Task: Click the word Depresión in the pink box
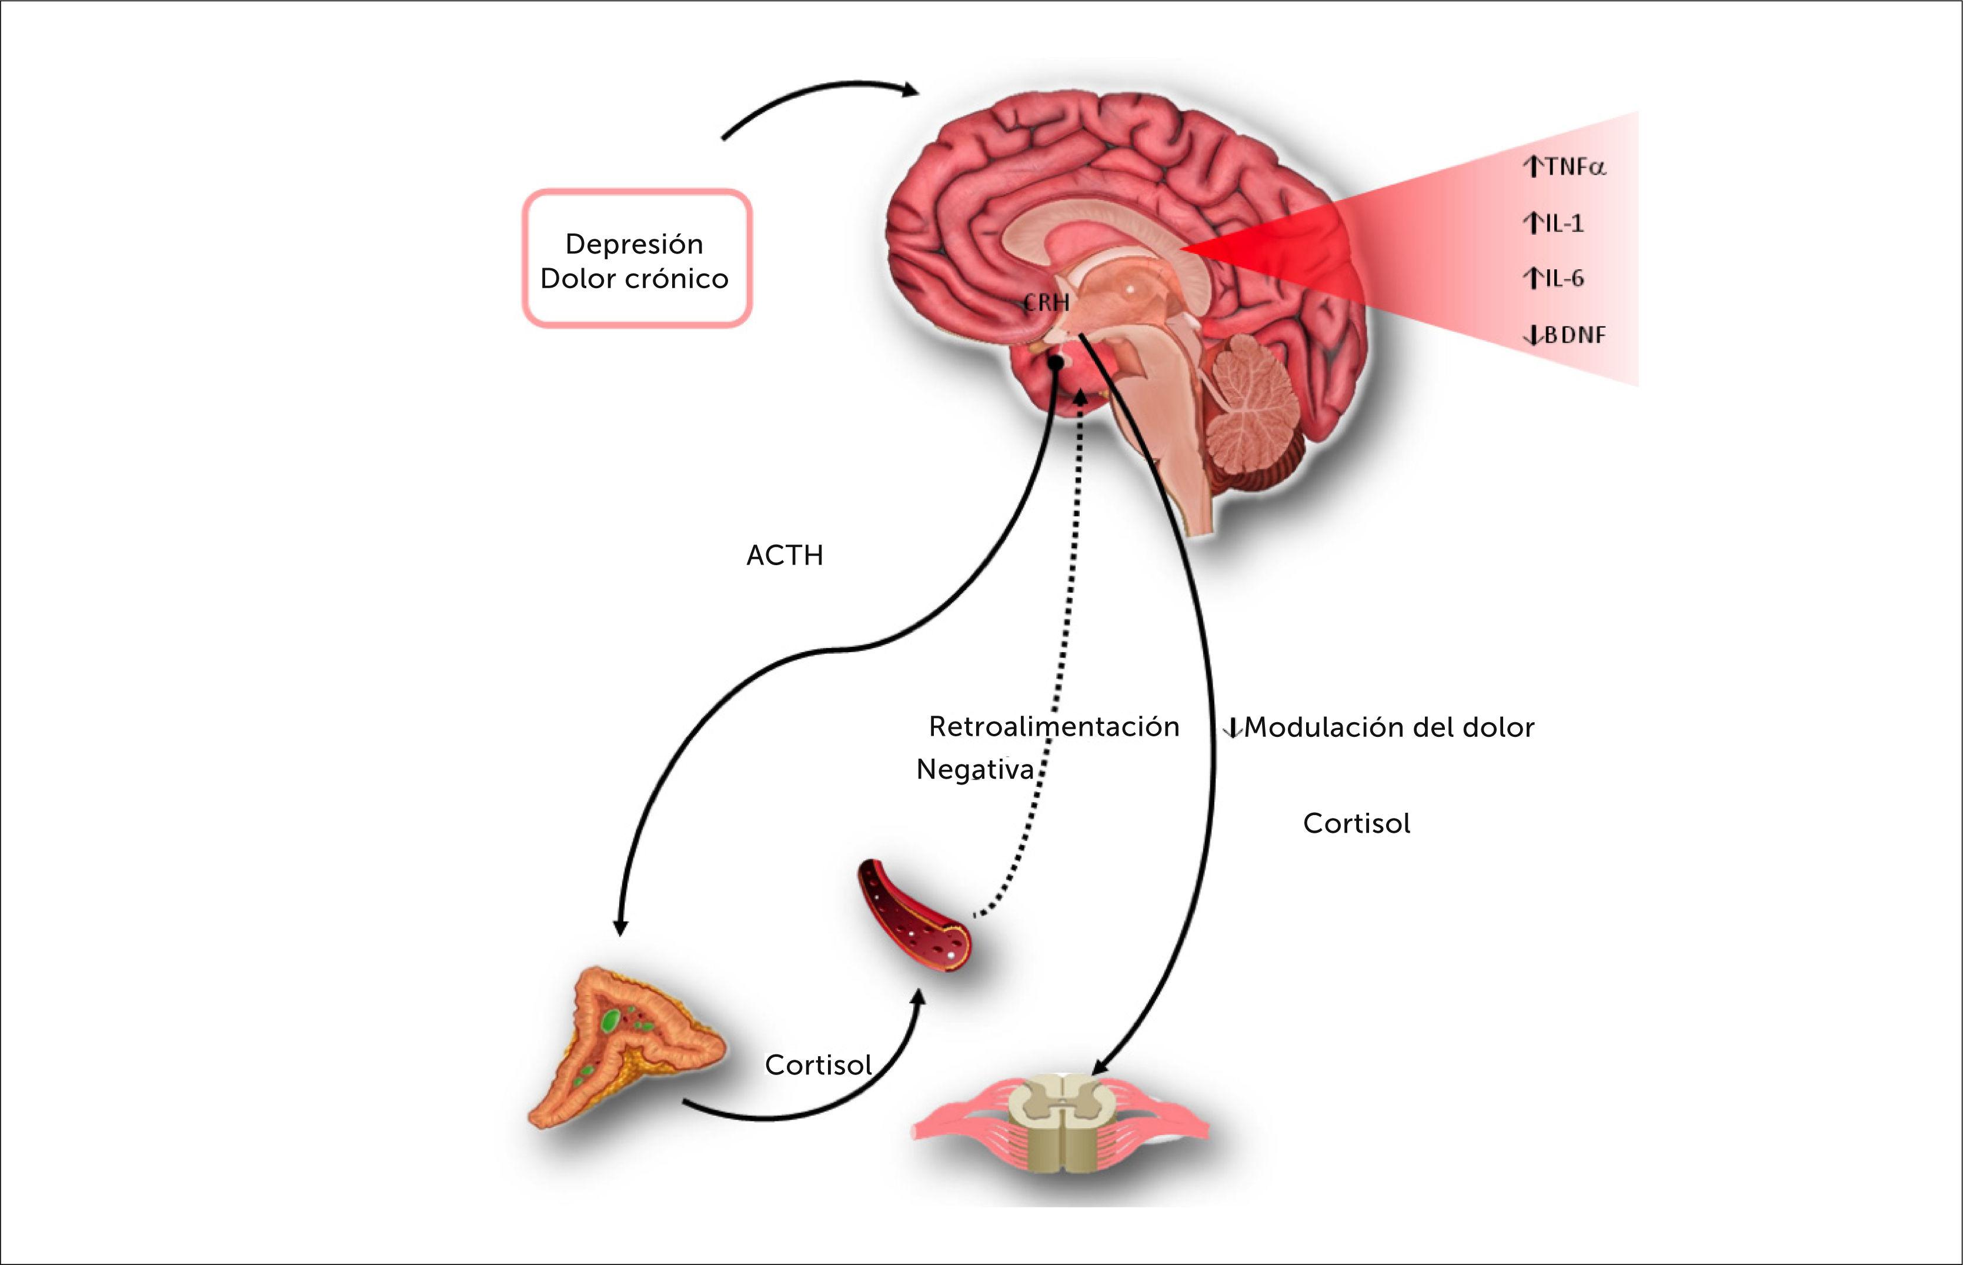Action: [x=634, y=244]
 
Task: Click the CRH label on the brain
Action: [x=1046, y=303]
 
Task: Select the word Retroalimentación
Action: [x=1054, y=726]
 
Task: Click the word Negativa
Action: [x=975, y=770]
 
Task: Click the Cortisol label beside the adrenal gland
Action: [x=818, y=1064]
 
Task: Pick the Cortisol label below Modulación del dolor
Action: [x=1356, y=823]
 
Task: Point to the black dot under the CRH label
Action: [x=1056, y=362]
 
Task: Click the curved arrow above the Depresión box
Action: [x=822, y=99]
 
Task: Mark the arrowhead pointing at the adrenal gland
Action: [x=621, y=927]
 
